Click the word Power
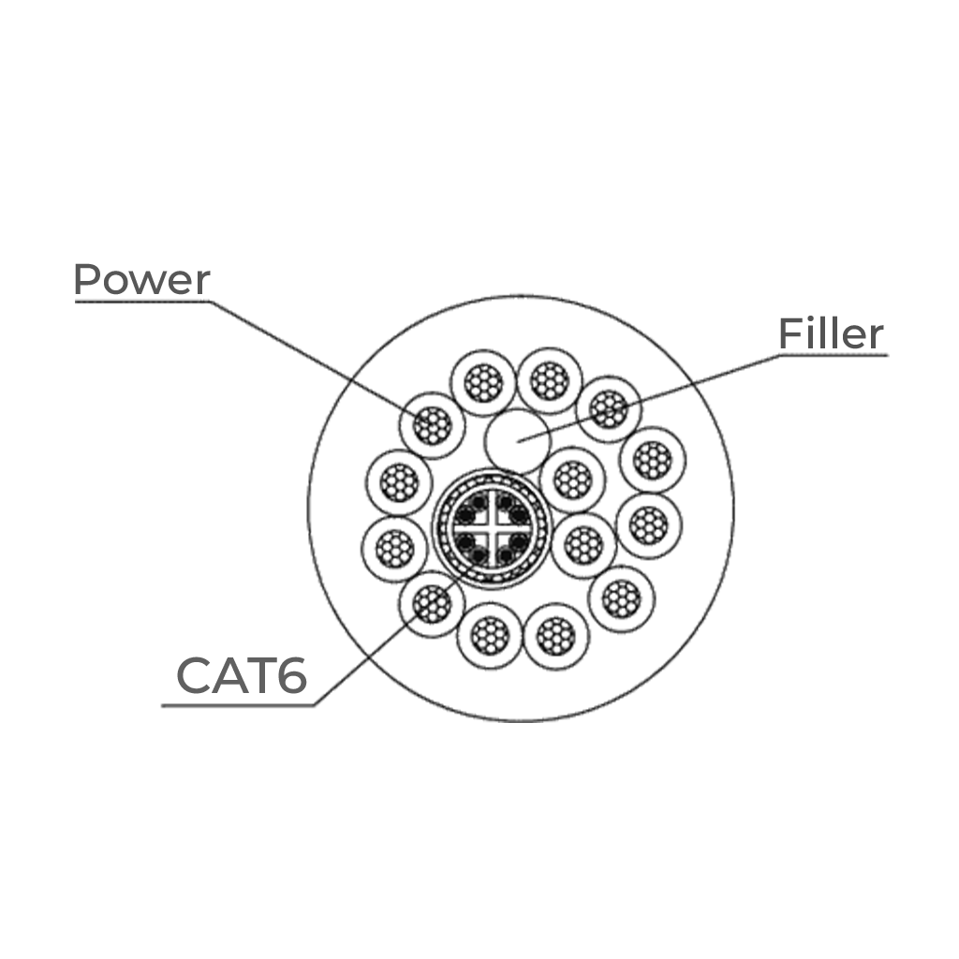[141, 279]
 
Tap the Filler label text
[831, 334]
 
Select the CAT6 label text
[242, 675]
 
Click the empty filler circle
[517, 441]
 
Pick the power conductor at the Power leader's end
[432, 425]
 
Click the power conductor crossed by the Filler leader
[609, 409]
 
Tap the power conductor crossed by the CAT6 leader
[432, 604]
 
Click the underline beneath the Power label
[142, 301]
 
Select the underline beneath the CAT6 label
[239, 705]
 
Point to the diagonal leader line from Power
[318, 359]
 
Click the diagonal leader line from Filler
[650, 397]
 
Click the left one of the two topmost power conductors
[483, 383]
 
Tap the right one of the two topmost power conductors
[550, 381]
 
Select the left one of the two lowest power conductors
[491, 636]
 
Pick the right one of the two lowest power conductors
[556, 636]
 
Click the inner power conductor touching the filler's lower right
[572, 480]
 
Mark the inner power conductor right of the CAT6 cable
[583, 546]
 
